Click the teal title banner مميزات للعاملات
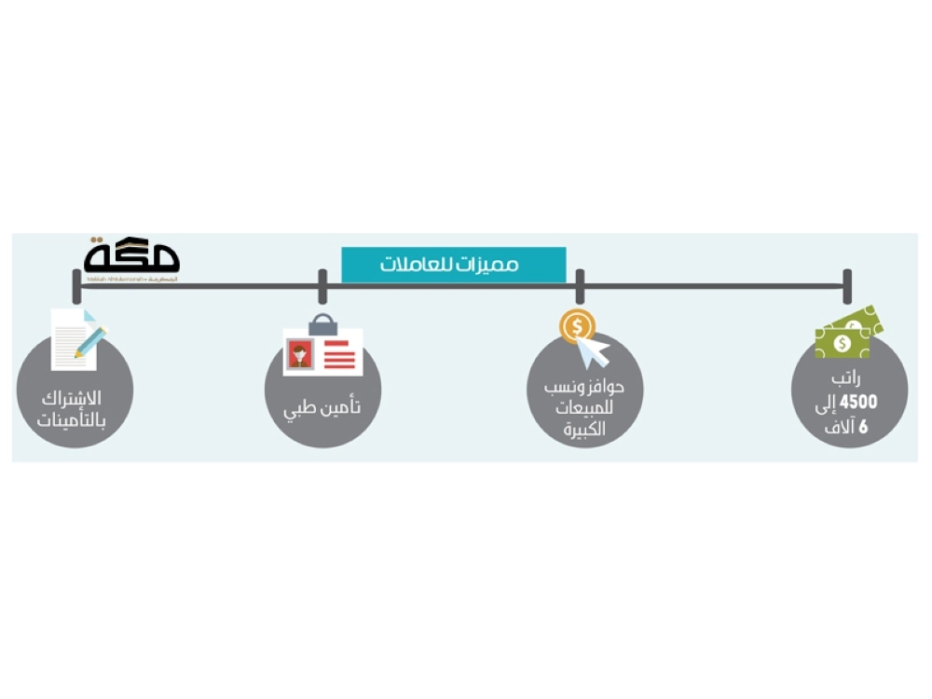454,265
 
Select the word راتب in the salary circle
849,381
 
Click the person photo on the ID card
300,352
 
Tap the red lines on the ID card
340,353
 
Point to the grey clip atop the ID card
322,323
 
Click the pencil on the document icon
91,341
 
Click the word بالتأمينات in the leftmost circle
72,420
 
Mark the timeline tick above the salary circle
846,286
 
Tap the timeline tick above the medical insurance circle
322,286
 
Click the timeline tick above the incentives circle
579,286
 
